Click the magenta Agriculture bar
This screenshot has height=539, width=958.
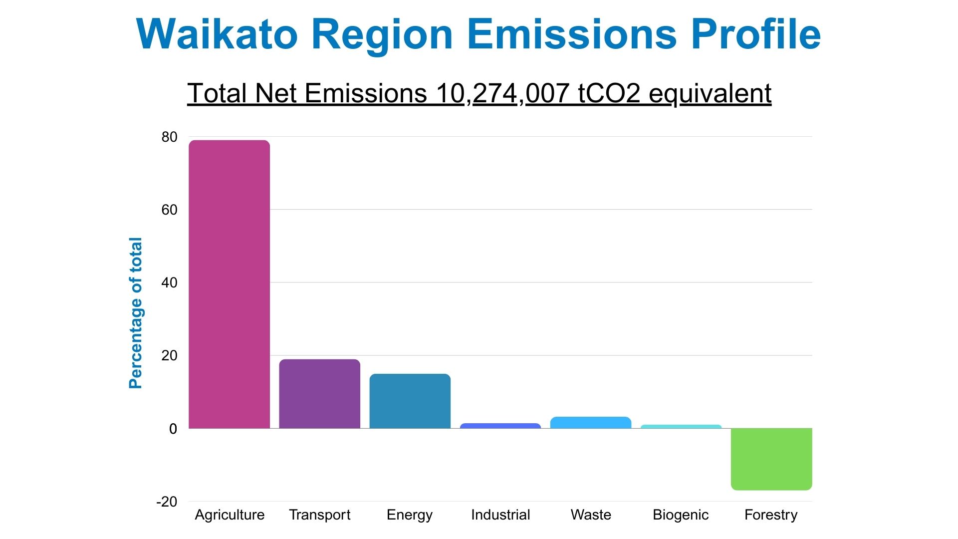[230, 284]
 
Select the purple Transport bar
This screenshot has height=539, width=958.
[319, 394]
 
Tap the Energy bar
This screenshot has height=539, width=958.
[410, 401]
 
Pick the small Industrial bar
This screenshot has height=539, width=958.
[500, 426]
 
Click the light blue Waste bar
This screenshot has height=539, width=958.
[591, 422]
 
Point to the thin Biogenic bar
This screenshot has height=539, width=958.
[681, 426]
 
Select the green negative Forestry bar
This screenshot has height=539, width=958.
[771, 459]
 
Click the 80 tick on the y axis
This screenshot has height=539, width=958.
[169, 137]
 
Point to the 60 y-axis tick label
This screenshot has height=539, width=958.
[169, 210]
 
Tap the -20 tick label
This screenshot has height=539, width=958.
[167, 502]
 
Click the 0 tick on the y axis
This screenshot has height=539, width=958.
[173, 429]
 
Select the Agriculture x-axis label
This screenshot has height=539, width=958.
[230, 515]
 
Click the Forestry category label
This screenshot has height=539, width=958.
[771, 515]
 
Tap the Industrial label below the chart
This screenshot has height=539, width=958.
[500, 515]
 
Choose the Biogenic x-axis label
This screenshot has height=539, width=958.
[681, 515]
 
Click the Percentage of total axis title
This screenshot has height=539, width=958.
[136, 313]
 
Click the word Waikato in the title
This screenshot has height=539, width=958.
[217, 34]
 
